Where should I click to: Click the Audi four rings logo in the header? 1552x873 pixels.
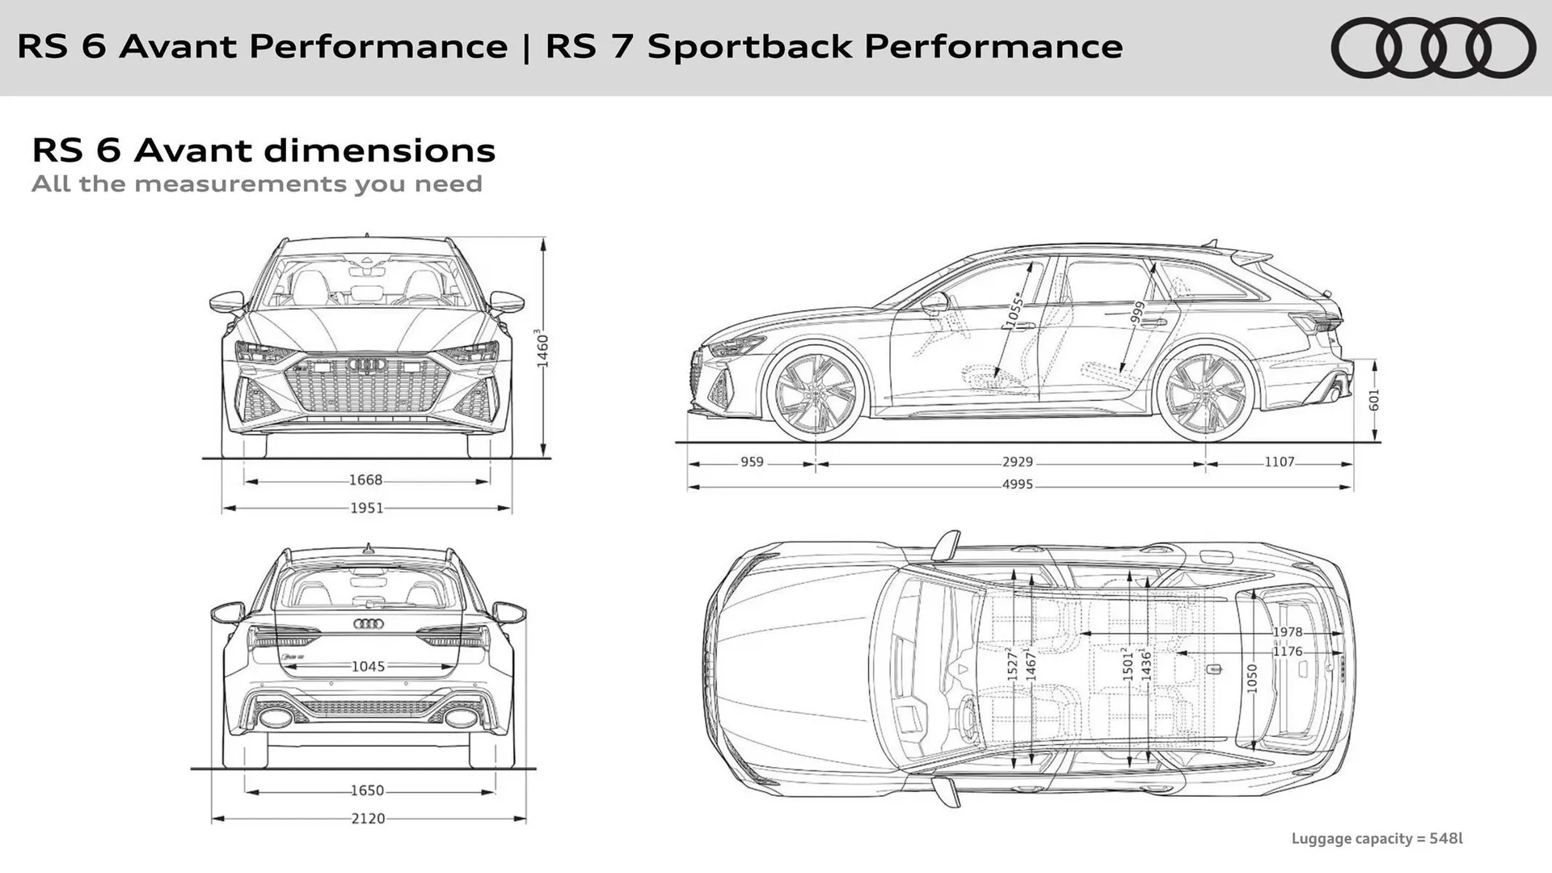[x=1432, y=48]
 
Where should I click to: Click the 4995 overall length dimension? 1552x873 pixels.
[x=1017, y=485]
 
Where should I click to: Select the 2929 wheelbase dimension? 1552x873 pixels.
[x=1017, y=462]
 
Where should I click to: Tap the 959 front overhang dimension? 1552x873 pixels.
[x=752, y=462]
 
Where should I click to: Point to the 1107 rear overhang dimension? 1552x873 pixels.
[x=1279, y=462]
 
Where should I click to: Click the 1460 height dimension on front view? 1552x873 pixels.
[x=542, y=349]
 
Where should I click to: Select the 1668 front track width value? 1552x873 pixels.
[x=365, y=480]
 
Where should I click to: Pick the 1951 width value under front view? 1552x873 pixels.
[x=366, y=508]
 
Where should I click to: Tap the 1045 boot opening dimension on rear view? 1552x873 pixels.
[x=368, y=667]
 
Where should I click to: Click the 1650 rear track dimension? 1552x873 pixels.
[x=367, y=791]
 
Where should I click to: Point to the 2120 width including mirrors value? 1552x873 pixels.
[x=368, y=819]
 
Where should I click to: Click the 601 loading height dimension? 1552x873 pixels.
[x=1374, y=400]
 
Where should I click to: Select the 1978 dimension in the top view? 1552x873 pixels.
[x=1287, y=632]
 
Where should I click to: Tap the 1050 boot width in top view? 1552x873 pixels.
[x=1252, y=677]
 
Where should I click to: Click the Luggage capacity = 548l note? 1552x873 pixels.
[x=1377, y=838]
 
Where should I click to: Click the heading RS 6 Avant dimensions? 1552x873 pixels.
[x=264, y=150]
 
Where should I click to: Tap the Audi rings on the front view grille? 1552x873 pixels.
[x=367, y=365]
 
